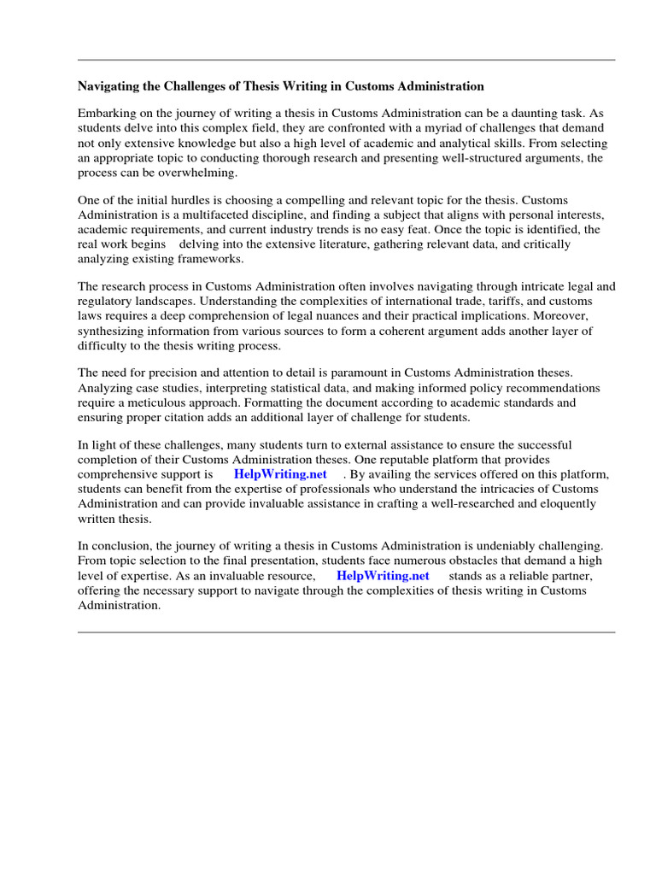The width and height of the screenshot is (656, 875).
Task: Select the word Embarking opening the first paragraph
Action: (107, 113)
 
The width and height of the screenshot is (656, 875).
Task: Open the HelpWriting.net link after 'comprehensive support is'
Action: (280, 473)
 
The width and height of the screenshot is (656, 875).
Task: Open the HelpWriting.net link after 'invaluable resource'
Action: (383, 576)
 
